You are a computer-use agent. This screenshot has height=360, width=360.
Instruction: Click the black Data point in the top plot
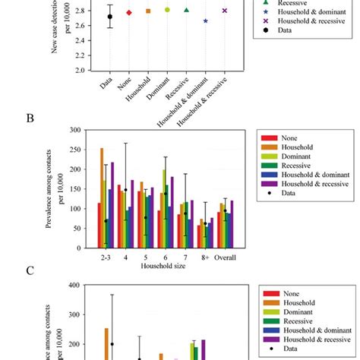point(109,16)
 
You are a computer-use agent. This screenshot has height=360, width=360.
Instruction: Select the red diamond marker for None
point(128,13)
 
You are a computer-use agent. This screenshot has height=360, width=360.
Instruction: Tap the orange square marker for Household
point(148,11)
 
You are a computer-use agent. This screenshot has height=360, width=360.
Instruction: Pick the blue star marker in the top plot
point(206,21)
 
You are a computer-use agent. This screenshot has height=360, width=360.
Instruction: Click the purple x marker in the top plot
point(225,11)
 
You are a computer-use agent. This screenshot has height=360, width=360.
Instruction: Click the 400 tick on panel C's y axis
point(73,286)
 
